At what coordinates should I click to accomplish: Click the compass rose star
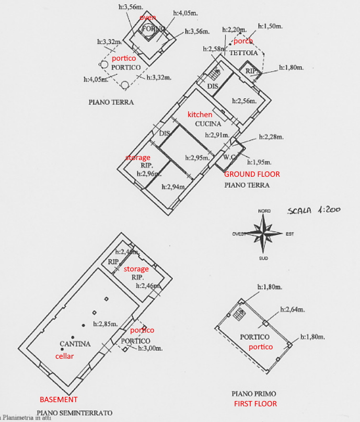click(264, 234)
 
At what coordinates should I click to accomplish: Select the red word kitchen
click(200, 115)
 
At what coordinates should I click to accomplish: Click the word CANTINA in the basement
click(75, 344)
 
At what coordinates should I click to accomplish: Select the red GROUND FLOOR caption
click(252, 174)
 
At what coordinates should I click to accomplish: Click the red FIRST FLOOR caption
click(255, 403)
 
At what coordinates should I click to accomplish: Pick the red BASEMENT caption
click(59, 399)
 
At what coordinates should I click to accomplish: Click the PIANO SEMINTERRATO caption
click(74, 413)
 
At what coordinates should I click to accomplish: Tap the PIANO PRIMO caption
click(253, 393)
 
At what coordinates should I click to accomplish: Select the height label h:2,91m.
click(216, 135)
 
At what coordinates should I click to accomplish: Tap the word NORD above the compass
click(264, 211)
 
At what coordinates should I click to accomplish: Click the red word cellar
click(65, 356)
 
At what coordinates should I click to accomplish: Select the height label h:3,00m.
click(150, 348)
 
